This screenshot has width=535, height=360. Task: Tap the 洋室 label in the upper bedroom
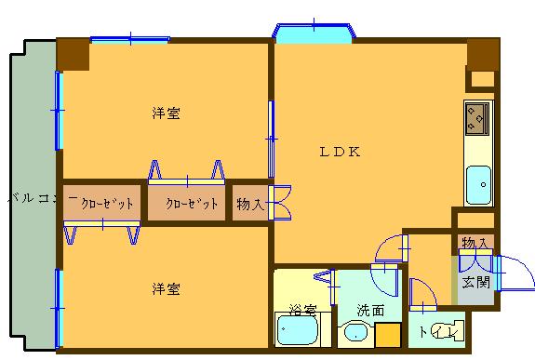click(166, 113)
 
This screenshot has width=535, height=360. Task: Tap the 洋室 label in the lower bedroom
click(166, 288)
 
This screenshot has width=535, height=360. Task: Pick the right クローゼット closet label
click(191, 204)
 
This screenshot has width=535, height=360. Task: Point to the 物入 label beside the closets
click(248, 204)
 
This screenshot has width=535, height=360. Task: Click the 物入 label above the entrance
click(475, 243)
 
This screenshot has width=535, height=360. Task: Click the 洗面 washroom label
click(370, 310)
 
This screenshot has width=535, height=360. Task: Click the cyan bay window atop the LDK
click(314, 33)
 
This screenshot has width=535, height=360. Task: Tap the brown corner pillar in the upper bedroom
click(73, 55)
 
